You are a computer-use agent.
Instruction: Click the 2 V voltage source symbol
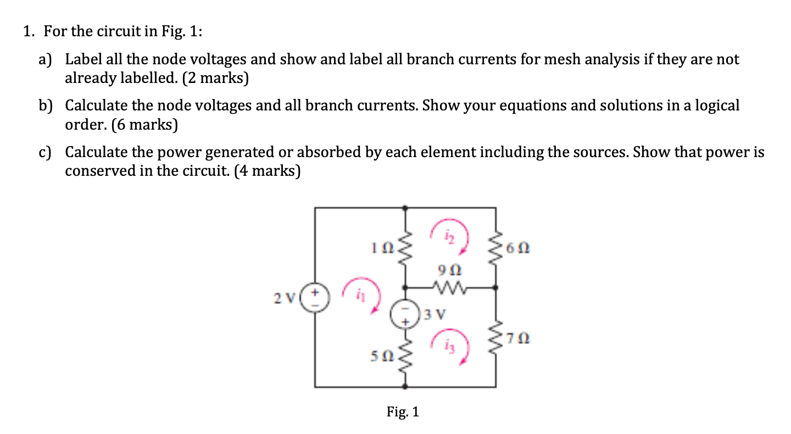click(x=316, y=298)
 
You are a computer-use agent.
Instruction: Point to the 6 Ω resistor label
click(x=519, y=249)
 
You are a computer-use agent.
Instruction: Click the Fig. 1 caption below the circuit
click(x=402, y=411)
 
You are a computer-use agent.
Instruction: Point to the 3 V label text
click(x=433, y=315)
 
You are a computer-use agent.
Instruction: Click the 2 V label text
click(x=286, y=298)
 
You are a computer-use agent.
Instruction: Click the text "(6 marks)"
click(x=145, y=125)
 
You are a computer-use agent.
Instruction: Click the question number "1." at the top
click(x=29, y=32)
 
